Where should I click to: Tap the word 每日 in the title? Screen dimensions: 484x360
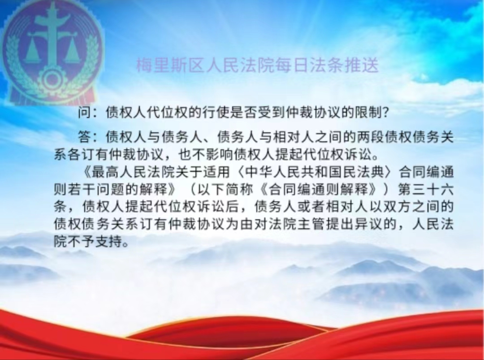[x=291, y=65]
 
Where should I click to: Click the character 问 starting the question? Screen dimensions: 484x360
[x=84, y=113]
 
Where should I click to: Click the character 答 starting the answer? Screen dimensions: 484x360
[x=84, y=137]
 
